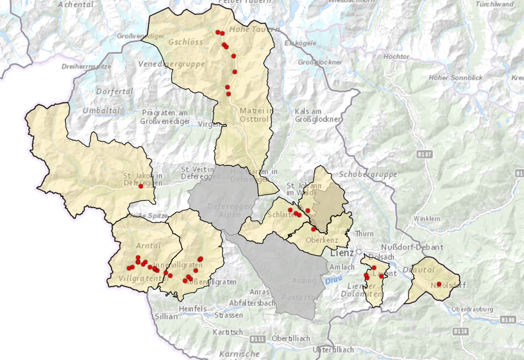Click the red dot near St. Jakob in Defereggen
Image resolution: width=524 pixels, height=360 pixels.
click(x=140, y=187)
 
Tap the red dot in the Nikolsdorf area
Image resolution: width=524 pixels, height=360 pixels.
click(x=439, y=284)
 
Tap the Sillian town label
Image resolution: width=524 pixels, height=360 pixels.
click(x=165, y=317)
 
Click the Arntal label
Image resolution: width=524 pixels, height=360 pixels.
click(x=148, y=245)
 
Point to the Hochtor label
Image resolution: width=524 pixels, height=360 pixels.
click(x=396, y=57)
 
